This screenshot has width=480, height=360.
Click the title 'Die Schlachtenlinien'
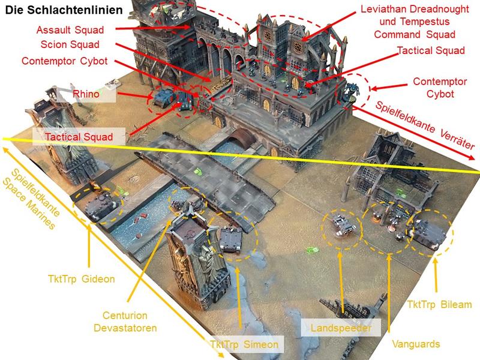[64, 10]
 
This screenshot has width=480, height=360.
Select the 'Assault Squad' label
[70, 30]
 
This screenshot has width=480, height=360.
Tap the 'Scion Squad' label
[70, 44]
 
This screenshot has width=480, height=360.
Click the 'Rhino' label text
[86, 94]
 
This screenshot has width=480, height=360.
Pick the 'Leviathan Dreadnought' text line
[415, 9]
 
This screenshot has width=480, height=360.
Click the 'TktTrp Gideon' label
[82, 279]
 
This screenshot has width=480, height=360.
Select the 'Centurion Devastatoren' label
[125, 322]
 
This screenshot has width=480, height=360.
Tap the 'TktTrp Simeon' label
[244, 344]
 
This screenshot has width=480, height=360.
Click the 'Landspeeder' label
[341, 328]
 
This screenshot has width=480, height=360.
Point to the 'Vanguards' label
[416, 344]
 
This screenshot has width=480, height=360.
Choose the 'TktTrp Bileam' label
[439, 305]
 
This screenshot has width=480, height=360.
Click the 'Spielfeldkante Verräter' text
[424, 125]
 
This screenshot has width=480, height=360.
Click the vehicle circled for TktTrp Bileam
[426, 233]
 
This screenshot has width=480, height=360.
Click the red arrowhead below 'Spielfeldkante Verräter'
[470, 156]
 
